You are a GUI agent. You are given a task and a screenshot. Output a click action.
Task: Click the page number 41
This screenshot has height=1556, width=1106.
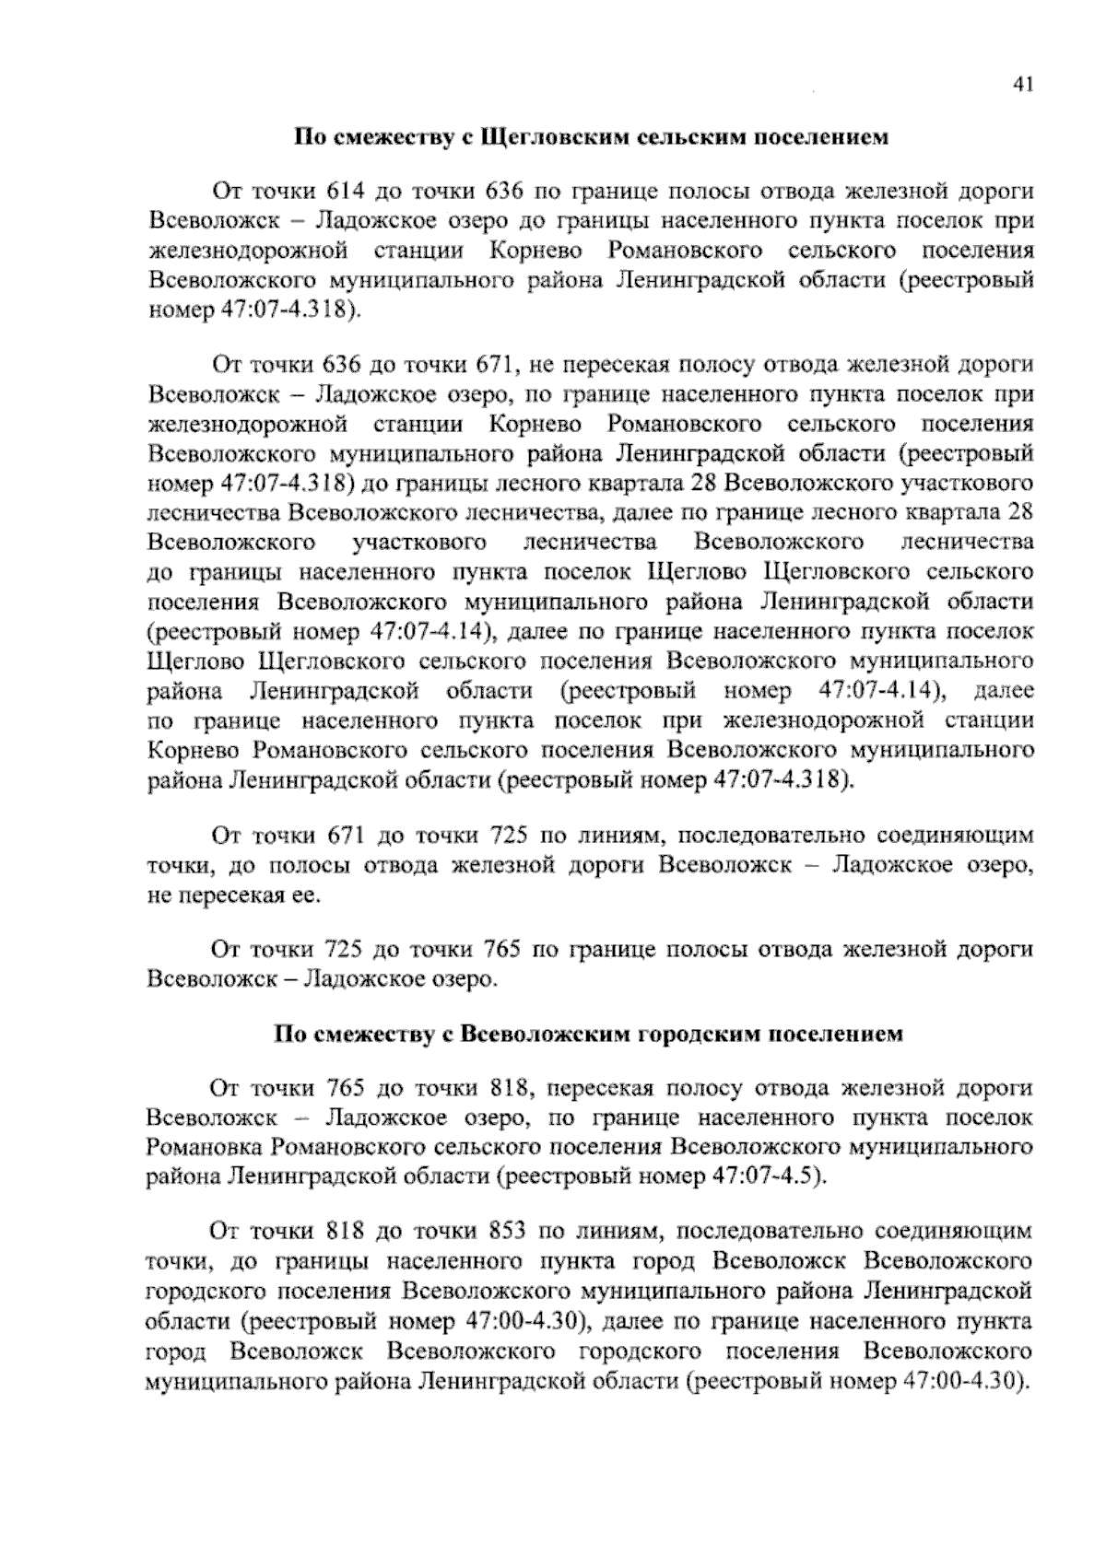1023,85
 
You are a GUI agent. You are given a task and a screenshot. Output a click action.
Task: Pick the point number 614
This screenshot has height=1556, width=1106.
347,192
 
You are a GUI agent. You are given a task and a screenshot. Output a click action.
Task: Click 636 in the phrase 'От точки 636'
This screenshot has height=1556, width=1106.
347,365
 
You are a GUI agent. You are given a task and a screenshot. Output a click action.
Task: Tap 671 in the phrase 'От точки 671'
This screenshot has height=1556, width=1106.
347,836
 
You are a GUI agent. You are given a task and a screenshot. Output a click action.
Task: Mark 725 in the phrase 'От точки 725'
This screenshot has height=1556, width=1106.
347,949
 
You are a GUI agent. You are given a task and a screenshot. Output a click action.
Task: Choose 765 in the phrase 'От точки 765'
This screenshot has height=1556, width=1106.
347,1089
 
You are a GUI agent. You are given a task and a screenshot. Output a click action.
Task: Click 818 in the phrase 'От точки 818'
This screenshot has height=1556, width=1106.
347,1232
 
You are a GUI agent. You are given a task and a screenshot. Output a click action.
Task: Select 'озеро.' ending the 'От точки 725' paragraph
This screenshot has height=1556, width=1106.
465,978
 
